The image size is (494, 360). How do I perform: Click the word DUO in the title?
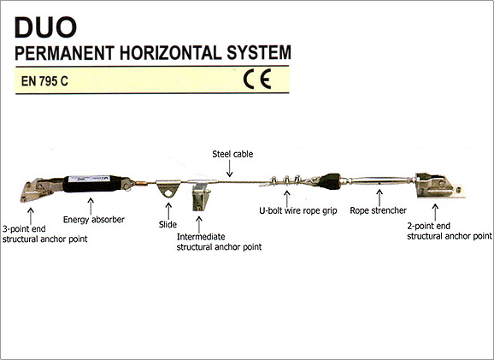pyautogui.click(x=45, y=27)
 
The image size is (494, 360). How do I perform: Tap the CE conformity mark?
pyautogui.click(x=257, y=80)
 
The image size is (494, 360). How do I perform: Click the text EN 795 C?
pyautogui.click(x=44, y=81)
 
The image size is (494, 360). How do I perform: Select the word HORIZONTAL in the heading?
pyautogui.click(x=170, y=53)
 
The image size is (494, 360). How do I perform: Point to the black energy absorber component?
pyautogui.click(x=93, y=184)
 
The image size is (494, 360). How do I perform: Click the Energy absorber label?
pyautogui.click(x=94, y=220)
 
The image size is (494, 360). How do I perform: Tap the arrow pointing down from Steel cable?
pyautogui.click(x=230, y=168)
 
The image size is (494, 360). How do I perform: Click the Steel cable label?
pyautogui.click(x=232, y=154)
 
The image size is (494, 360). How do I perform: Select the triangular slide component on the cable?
pyautogui.click(x=168, y=188)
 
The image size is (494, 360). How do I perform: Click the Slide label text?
pyautogui.click(x=168, y=224)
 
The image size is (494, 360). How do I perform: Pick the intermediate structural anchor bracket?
pyautogui.click(x=201, y=195)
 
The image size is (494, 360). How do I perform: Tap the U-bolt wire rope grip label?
pyautogui.click(x=298, y=210)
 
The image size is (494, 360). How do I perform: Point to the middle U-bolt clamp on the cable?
pyautogui.click(x=286, y=180)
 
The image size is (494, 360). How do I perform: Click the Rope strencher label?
pyautogui.click(x=378, y=210)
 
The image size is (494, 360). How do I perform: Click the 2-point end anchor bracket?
pyautogui.click(x=438, y=186)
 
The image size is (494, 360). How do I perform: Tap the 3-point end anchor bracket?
pyautogui.click(x=40, y=190)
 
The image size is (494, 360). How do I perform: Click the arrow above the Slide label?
pyautogui.click(x=168, y=210)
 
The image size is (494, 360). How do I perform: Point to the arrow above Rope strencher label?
pyautogui.click(x=379, y=198)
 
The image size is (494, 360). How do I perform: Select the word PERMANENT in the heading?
pyautogui.click(x=64, y=53)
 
